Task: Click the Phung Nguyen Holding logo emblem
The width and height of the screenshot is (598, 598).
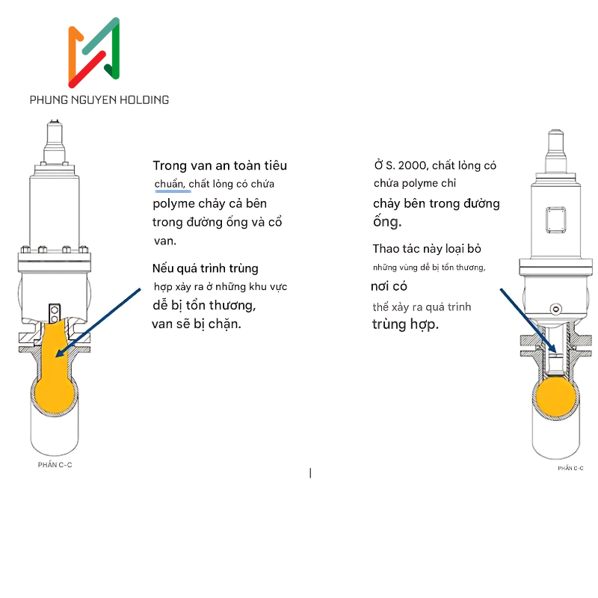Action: pos(94,52)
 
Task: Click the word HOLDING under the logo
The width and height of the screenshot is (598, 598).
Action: pos(144,100)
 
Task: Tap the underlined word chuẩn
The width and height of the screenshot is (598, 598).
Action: pos(170,184)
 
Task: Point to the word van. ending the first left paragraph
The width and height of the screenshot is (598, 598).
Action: pos(165,241)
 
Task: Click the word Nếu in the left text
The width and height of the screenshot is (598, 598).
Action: pos(162,268)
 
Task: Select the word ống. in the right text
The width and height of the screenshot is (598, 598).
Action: pos(387,221)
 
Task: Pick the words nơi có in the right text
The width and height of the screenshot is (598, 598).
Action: pos(389,286)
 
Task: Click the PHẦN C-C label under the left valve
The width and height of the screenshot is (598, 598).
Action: pos(55,465)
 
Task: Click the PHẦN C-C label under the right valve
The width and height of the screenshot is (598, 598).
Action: pos(570,469)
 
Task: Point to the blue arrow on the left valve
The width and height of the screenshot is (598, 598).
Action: pos(99,323)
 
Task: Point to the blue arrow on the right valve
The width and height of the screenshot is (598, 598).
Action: pos(528,321)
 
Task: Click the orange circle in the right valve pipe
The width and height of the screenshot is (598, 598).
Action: pos(556,397)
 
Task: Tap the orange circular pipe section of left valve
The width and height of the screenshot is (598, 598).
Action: pos(55,394)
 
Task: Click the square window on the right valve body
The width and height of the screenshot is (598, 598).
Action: pos(555,220)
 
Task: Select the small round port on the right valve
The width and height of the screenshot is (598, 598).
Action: pos(556,309)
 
